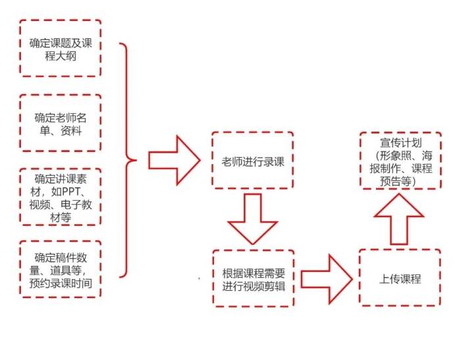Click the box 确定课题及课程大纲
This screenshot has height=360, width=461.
[61, 49]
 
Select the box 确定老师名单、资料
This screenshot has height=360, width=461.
[61, 123]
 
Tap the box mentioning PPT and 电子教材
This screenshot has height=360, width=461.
[61, 197]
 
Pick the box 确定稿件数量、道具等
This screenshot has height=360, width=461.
[61, 269]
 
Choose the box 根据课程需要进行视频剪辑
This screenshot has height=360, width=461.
[254, 278]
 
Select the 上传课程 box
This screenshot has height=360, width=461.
[400, 278]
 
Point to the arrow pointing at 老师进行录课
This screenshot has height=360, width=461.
[173, 161]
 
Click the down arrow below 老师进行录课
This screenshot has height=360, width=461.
[253, 219]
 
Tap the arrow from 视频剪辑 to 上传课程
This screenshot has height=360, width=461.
[326, 278]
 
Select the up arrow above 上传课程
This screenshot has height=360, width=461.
[399, 219]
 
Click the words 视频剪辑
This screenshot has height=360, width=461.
[268, 284]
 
